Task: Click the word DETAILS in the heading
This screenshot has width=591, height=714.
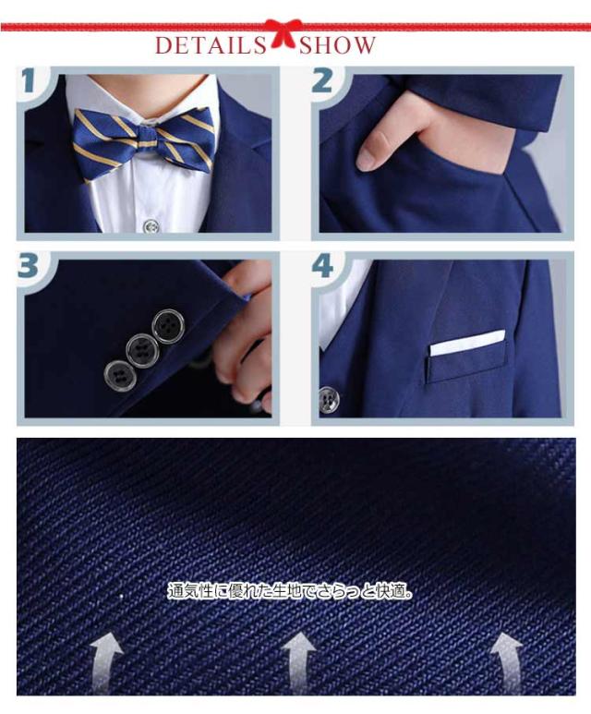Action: pos(211,45)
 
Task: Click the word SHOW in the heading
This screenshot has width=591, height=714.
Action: pos(337,45)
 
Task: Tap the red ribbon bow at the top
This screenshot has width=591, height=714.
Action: pos(283,32)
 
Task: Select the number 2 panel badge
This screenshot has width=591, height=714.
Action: pos(323,80)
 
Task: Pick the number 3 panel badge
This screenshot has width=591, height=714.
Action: pos(29,265)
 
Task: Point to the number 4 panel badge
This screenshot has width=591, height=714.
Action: pos(323,265)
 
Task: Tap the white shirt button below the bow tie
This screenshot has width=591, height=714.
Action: pos(151,226)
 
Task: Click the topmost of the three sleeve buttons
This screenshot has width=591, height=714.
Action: pos(167,325)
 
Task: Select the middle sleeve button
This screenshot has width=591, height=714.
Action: pos(140,350)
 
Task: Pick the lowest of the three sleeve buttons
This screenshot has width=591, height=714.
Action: pos(119,375)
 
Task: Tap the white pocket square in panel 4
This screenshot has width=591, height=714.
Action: pos(467,343)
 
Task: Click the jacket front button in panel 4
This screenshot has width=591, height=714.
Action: pos(328,400)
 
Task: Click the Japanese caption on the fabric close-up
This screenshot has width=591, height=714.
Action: pos(291,591)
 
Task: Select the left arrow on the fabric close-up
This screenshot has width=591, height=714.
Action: pos(106,665)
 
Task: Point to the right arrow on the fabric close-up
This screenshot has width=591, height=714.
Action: pos(505,663)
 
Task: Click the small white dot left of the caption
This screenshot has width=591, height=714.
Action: pos(121,595)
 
